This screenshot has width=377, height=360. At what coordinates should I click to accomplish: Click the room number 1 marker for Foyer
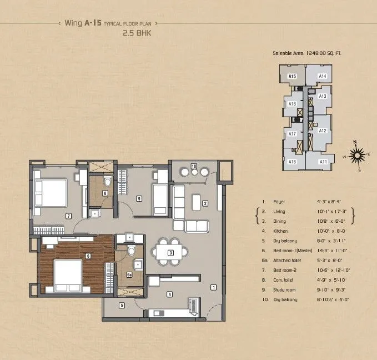213,287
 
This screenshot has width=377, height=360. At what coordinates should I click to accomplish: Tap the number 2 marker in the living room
205,203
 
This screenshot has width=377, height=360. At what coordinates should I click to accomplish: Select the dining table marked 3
171,253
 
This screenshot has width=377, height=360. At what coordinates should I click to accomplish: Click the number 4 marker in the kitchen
170,294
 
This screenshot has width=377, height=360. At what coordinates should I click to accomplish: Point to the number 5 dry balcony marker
121,304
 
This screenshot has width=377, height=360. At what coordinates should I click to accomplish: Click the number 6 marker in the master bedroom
88,256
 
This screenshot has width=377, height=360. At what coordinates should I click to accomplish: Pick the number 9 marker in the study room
194,166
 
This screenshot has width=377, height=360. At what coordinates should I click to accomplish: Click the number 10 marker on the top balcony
194,166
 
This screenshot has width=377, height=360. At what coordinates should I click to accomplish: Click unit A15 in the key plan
292,76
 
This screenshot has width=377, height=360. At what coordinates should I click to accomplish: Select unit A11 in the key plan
323,162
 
